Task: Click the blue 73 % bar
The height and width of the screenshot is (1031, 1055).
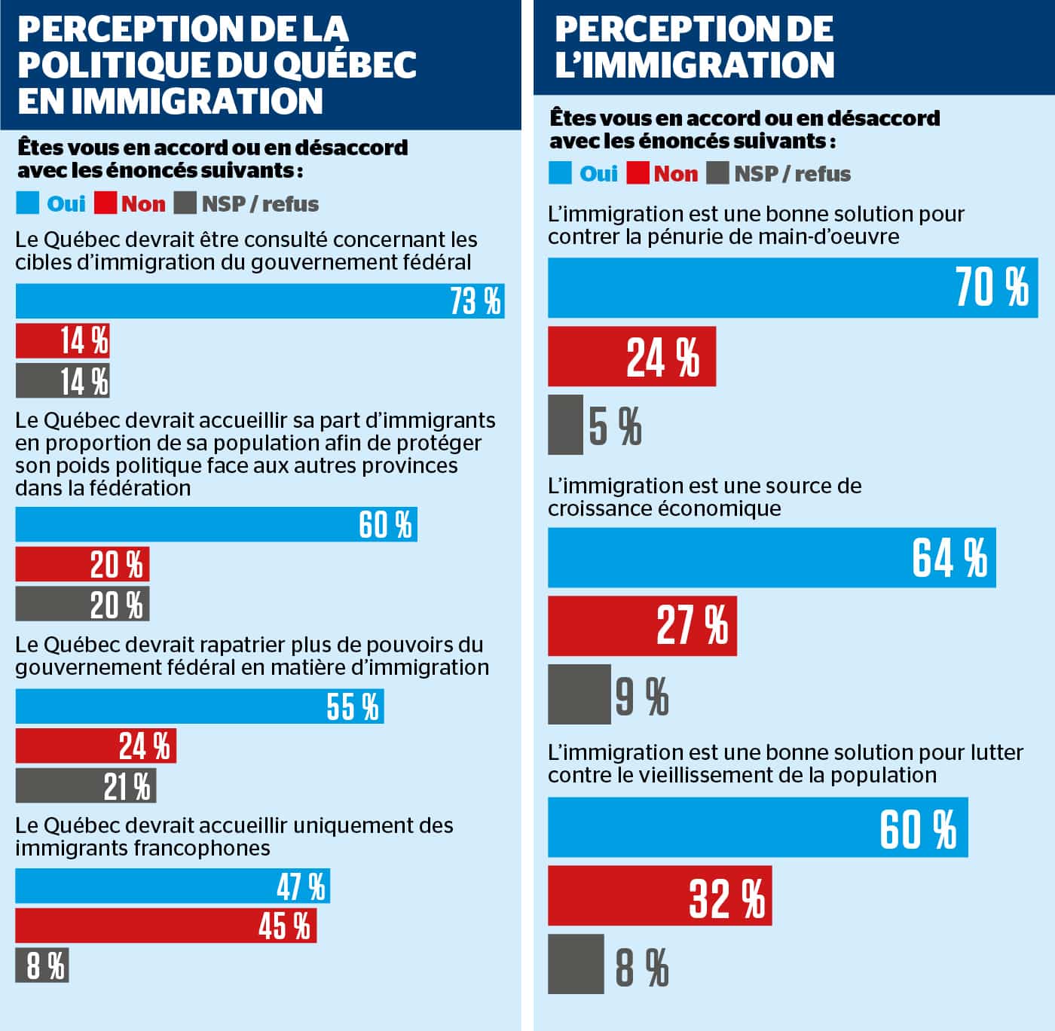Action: (x=260, y=301)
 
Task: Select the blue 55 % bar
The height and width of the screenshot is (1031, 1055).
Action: (x=200, y=706)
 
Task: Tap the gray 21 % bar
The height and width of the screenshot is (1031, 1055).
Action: (x=86, y=786)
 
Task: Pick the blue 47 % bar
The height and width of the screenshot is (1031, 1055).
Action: (x=173, y=886)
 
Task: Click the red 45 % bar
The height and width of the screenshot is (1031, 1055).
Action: (x=166, y=926)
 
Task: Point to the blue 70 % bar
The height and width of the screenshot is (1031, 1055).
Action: (x=793, y=288)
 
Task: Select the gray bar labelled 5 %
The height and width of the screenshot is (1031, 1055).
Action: (x=565, y=425)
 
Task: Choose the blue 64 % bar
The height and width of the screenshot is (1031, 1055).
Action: (x=772, y=557)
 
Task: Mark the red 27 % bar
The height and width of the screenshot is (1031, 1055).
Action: (x=642, y=626)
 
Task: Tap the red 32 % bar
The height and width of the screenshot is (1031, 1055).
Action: (x=659, y=895)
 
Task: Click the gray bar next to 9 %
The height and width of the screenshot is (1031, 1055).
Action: (x=579, y=694)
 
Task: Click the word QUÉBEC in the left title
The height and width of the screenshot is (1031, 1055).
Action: (x=344, y=64)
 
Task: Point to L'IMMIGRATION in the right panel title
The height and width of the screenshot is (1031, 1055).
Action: (x=694, y=65)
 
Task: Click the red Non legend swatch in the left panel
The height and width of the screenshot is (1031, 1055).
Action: (x=106, y=203)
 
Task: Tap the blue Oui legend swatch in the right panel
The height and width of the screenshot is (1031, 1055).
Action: (x=560, y=173)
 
